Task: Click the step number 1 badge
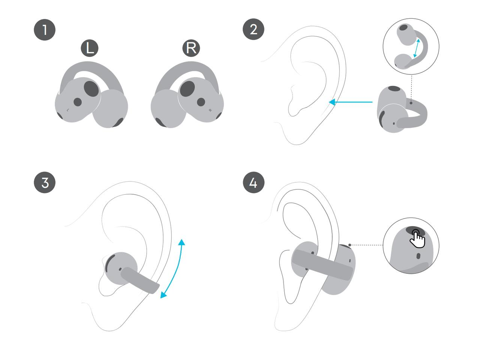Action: coord(45,30)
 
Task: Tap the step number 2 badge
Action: coord(253,29)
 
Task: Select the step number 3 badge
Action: coord(45,183)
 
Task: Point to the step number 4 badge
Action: coord(253,183)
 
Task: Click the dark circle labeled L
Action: coord(90,48)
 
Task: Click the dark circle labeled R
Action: coord(191,48)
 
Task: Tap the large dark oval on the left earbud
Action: coord(91,88)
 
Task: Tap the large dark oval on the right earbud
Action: coord(187,89)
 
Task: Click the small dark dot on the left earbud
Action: coord(78,102)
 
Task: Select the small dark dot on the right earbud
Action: coord(201,102)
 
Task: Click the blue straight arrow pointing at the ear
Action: coord(351,102)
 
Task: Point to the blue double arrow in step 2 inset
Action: coord(417,48)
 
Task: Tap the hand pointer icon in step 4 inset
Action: coord(417,240)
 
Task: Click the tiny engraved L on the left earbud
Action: coord(68,110)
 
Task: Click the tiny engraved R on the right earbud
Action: coord(210,110)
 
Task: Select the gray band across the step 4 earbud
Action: coord(322,265)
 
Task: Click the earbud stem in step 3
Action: coord(140,280)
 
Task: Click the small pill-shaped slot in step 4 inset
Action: coord(418,256)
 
